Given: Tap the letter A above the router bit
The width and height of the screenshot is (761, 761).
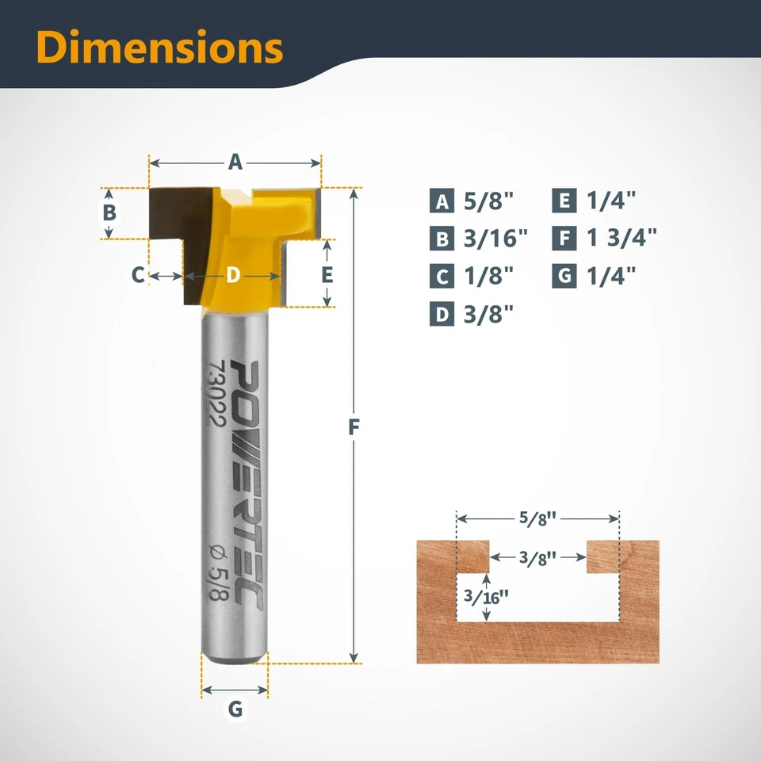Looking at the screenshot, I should point(235,163).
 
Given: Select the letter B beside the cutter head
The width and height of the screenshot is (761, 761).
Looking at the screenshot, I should point(110,212).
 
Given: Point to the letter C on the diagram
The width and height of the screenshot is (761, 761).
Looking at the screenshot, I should point(138,275).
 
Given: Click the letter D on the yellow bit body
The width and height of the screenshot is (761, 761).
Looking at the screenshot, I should point(232,275).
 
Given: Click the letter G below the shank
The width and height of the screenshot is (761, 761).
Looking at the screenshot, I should point(235,709).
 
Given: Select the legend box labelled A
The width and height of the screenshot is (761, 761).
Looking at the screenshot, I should point(442,201).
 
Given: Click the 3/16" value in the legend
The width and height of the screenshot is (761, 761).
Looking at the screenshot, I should point(496,238).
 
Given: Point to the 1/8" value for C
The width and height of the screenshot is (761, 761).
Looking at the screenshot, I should point(488,276).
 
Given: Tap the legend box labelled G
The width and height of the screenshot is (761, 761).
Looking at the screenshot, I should point(564,276).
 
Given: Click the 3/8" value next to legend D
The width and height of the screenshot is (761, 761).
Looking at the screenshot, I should point(488,314).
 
